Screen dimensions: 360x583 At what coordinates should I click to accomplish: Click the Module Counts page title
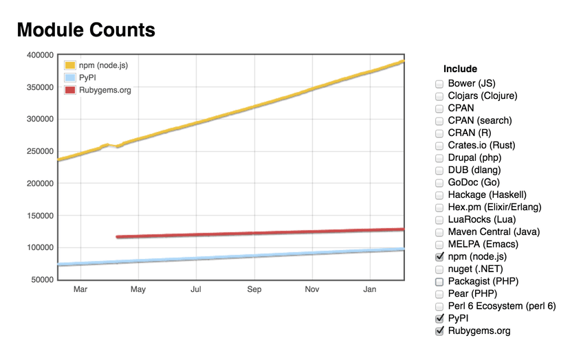click(86, 30)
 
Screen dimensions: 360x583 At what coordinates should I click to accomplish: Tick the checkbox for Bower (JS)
click(439, 84)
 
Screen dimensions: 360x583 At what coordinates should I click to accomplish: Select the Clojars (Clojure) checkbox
click(439, 96)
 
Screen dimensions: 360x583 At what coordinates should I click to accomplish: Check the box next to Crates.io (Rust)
click(439, 146)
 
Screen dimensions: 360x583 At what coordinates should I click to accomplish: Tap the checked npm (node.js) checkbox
click(439, 256)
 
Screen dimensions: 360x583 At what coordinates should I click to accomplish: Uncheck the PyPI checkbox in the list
click(439, 319)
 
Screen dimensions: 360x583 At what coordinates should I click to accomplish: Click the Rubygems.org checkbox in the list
click(439, 331)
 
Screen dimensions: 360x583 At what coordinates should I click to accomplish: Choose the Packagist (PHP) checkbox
click(439, 282)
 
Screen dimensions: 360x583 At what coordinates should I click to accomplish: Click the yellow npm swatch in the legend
click(69, 65)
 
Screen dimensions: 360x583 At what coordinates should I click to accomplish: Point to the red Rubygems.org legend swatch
click(69, 90)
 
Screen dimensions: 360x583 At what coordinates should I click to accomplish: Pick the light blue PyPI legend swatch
click(69, 78)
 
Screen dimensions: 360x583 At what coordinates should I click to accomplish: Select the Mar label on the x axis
click(80, 290)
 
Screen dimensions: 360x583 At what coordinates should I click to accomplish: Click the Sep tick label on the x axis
click(254, 290)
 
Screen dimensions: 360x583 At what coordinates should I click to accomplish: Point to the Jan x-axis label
click(370, 290)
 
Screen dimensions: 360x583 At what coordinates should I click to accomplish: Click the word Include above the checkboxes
click(460, 69)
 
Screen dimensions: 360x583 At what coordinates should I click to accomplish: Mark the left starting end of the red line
click(118, 237)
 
